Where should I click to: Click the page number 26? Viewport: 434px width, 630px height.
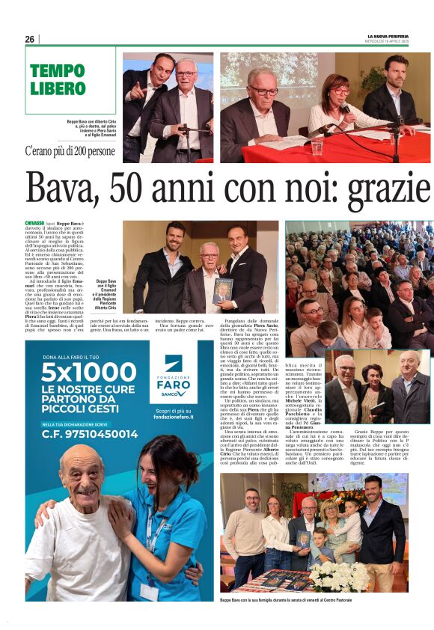[x=29, y=39]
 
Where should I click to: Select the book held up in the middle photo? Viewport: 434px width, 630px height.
[x=222, y=290]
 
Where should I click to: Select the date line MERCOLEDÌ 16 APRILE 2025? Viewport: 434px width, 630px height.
[x=388, y=42]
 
